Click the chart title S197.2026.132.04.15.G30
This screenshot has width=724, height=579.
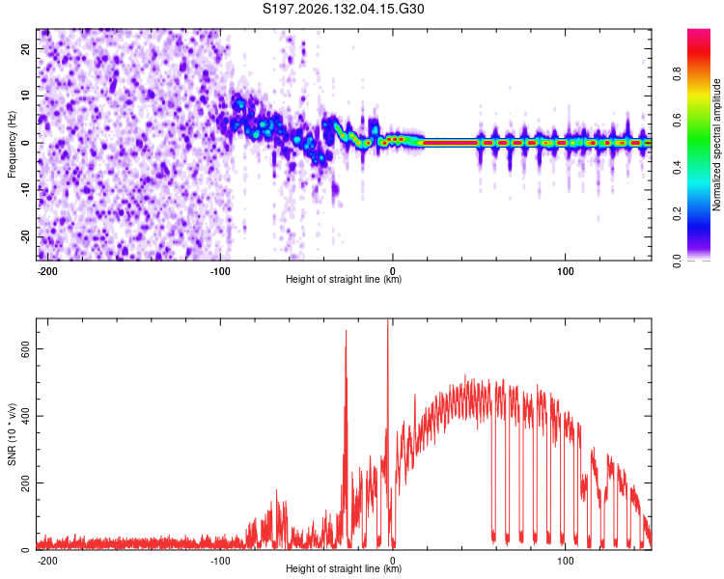pyautogui.click(x=343, y=9)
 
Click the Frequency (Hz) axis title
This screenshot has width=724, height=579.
pyautogui.click(x=12, y=145)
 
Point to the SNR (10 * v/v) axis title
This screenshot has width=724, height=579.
pyautogui.click(x=12, y=434)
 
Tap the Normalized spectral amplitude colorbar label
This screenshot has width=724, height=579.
pyautogui.click(x=716, y=145)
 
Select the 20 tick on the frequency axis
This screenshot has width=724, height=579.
pyautogui.click(x=26, y=48)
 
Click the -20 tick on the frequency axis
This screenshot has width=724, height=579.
pyautogui.click(x=26, y=236)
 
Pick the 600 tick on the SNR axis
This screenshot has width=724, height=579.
pyautogui.click(x=26, y=349)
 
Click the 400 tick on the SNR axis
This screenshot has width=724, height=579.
pyautogui.click(x=26, y=416)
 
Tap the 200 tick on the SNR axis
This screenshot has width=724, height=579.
pyautogui.click(x=26, y=482)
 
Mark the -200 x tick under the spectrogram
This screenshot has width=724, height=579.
pyautogui.click(x=47, y=271)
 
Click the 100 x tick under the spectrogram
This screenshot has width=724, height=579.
pyautogui.click(x=565, y=271)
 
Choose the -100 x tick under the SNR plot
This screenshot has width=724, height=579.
pyautogui.click(x=220, y=561)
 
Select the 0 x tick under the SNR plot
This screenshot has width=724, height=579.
pyautogui.click(x=393, y=561)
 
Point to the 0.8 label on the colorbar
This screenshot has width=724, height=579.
pyautogui.click(x=677, y=74)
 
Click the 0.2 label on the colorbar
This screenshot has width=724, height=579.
pyautogui.click(x=677, y=214)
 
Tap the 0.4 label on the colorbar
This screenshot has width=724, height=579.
pyautogui.click(x=677, y=167)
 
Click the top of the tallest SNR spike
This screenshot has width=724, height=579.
pyautogui.click(x=388, y=319)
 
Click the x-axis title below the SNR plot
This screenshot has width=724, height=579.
pyautogui.click(x=344, y=568)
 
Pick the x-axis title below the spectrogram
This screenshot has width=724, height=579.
pyautogui.click(x=344, y=279)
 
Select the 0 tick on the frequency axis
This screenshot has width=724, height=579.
pyautogui.click(x=26, y=143)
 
